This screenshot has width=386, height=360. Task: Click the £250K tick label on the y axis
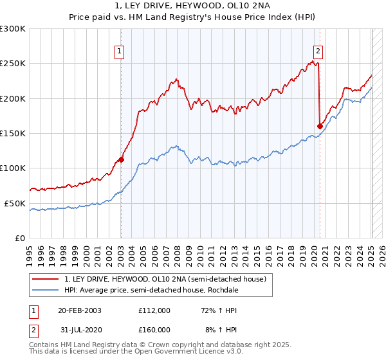pyautogui.click(x=14, y=64)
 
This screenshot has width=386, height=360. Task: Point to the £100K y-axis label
pyautogui.click(x=14, y=168)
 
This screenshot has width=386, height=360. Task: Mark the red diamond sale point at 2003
pyautogui.click(x=121, y=160)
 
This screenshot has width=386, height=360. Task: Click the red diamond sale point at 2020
pyautogui.click(x=320, y=126)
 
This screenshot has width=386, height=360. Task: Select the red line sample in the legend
pyautogui.click(x=46, y=278)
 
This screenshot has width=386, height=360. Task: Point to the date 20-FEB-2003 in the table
pyautogui.click(x=80, y=310)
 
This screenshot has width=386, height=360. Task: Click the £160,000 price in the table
pyautogui.click(x=154, y=329)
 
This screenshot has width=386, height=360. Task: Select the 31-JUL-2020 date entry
pyautogui.click(x=80, y=329)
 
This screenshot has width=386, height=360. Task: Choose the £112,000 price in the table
pyautogui.click(x=154, y=310)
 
